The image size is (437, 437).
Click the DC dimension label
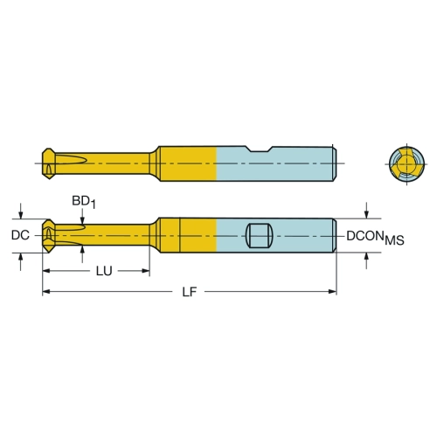[20, 235]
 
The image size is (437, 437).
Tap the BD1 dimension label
[84, 202]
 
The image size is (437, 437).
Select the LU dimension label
[104, 271]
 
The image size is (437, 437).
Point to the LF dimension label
[190, 292]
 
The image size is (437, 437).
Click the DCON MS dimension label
[375, 238]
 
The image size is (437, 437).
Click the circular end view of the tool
[406, 163]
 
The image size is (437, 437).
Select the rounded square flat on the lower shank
[260, 236]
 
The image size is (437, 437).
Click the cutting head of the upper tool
[49, 163]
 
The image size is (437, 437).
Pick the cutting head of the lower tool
[49, 236]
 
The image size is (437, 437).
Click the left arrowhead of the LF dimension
[46, 291]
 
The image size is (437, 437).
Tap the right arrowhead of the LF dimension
[332, 291]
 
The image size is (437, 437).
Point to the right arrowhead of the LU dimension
[146, 271]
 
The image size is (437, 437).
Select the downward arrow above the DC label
[20, 211]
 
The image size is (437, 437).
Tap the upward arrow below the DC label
[20, 261]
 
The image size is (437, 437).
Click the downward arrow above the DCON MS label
[366, 211]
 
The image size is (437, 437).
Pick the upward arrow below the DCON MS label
[366, 260]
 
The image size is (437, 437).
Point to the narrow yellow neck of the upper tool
[102, 163]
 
